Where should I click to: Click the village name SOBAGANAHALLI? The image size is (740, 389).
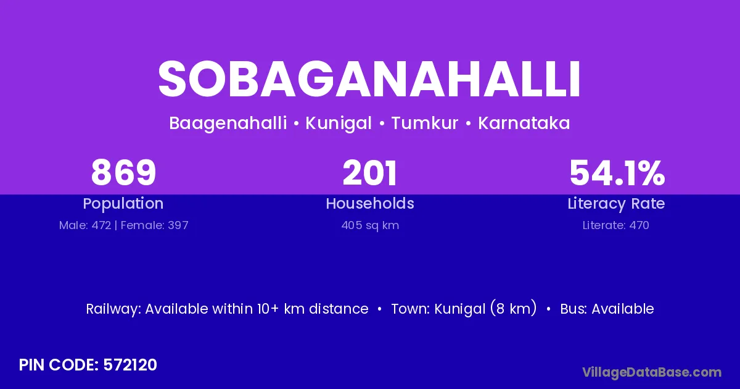(369, 79)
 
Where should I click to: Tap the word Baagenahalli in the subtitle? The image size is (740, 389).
(228, 123)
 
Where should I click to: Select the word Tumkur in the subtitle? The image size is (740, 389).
(425, 123)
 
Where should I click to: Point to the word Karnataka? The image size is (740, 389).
(524, 123)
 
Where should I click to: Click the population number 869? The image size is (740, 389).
(123, 172)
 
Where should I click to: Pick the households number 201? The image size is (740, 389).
(369, 172)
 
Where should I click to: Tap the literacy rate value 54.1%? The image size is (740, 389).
(617, 172)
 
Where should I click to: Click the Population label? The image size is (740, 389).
(123, 204)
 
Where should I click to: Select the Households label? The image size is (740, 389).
(370, 203)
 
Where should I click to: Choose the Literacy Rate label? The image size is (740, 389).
(616, 204)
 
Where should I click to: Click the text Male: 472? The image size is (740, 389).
(85, 225)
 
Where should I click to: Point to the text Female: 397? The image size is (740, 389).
(155, 225)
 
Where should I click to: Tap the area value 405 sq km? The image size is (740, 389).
(370, 225)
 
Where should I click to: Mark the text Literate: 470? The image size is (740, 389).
(616, 225)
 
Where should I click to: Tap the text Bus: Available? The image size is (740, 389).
(607, 309)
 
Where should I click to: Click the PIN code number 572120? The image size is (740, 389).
(130, 365)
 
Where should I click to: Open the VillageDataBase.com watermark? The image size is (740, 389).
(652, 372)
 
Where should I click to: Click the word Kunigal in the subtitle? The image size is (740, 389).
(339, 123)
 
